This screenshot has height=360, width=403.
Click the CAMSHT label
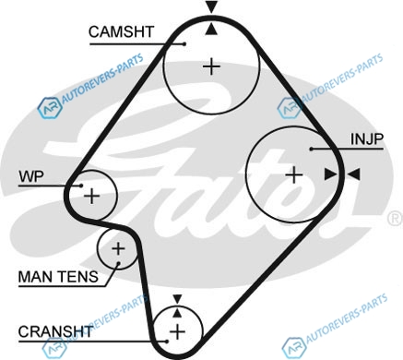coord(121,31)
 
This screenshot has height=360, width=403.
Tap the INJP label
coord(367,139)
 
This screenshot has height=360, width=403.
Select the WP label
coord(31,176)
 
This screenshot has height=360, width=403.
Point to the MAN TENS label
coord(58,277)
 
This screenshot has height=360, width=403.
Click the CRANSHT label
coord(55,331)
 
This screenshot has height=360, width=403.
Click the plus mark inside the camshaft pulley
coord(212,66)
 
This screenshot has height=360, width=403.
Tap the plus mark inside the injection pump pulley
coord(294,174)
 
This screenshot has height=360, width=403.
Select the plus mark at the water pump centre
coord(92,196)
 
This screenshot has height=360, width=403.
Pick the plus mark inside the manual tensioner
coord(118,248)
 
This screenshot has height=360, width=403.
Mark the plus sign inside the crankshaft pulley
coord(177,331)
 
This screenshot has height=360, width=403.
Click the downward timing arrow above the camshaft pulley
coord(211,6)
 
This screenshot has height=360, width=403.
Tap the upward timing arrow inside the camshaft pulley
coord(211,30)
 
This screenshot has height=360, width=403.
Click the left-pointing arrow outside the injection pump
coord(353,174)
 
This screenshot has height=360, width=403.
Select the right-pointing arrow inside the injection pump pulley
coord(331,174)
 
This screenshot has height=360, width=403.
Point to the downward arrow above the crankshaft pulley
coord(177,299)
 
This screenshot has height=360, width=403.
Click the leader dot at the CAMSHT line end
coord(184,44)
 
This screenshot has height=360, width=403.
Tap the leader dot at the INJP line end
coord(311,149)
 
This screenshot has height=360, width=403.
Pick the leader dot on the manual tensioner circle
coord(118,263)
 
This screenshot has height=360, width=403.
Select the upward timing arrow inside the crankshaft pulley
coord(177,313)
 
